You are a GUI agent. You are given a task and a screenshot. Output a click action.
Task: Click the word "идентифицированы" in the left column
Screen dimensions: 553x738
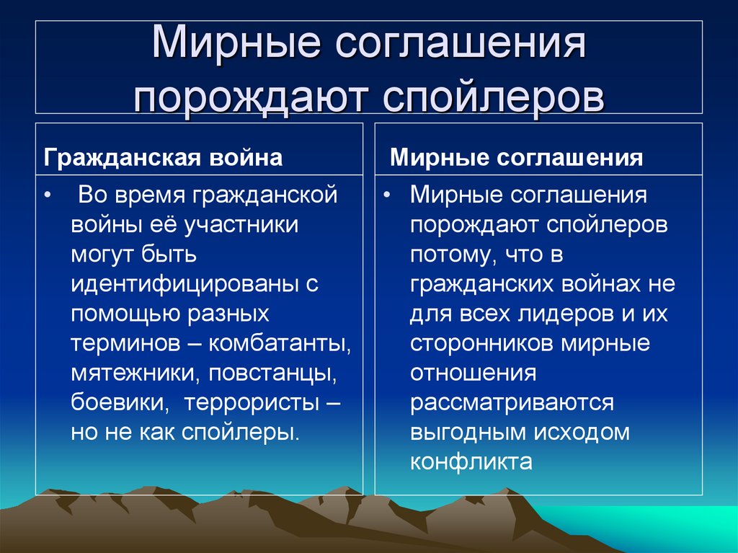(187, 283)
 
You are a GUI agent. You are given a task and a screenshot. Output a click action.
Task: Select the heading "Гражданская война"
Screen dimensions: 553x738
(163, 158)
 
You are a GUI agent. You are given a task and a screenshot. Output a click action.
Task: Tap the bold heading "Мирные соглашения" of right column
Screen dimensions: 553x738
(516, 158)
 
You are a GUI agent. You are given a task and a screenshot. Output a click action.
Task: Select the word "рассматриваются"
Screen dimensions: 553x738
(512, 402)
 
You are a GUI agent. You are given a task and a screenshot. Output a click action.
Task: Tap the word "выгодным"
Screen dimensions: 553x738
(467, 433)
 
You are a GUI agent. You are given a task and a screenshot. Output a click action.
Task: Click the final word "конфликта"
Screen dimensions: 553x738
(471, 462)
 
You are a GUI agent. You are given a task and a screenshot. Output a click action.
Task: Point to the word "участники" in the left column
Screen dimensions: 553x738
(241, 224)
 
